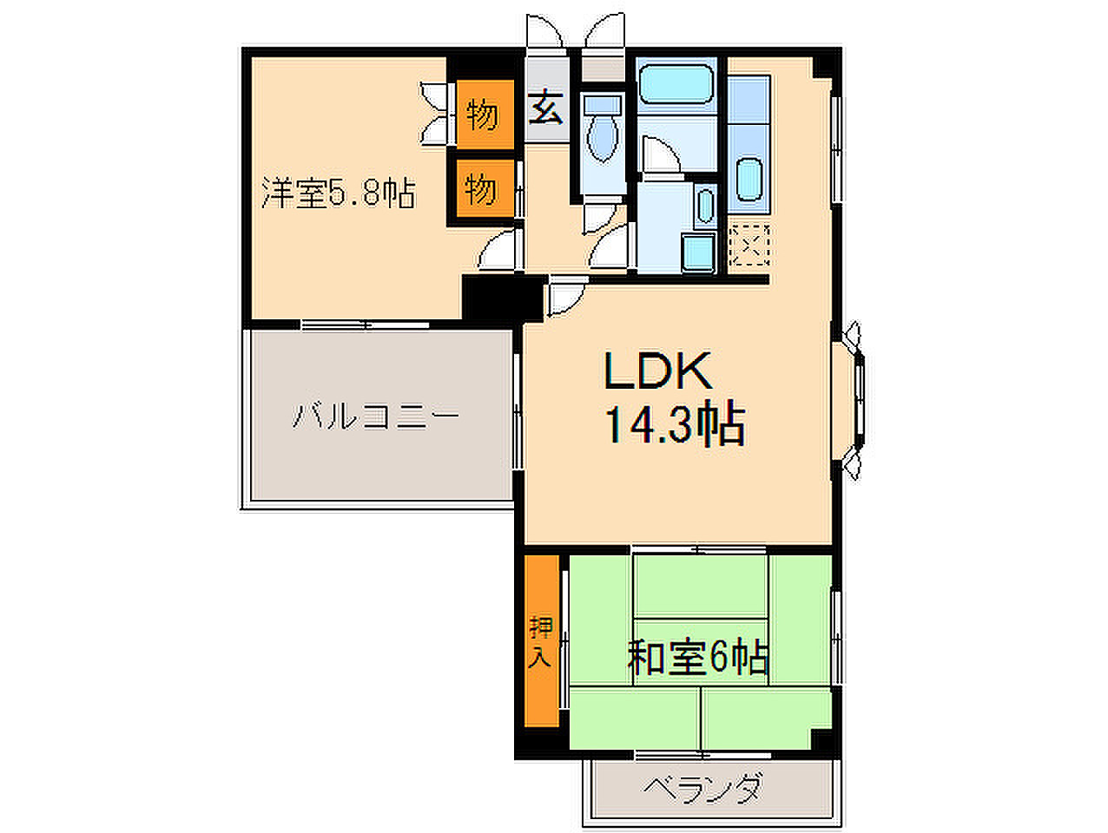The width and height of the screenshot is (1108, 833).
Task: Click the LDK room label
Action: [658, 371]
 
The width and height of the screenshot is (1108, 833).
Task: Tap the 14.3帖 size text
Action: [675, 423]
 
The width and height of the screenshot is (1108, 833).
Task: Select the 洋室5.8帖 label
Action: [339, 193]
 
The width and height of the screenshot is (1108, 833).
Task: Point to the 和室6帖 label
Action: [698, 658]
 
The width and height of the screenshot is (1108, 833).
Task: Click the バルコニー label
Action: [376, 416]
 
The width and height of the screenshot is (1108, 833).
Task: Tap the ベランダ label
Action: [702, 789]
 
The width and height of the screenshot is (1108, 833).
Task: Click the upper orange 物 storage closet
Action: [485, 115]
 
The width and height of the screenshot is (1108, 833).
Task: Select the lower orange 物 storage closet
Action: [485, 188]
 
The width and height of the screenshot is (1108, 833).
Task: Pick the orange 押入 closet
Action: [542, 641]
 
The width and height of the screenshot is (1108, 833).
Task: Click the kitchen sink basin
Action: [749, 180]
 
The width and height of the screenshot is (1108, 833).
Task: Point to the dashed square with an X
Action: [749, 245]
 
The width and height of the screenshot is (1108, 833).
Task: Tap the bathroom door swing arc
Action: [663, 154]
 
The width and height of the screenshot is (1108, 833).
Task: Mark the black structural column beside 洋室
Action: [503, 298]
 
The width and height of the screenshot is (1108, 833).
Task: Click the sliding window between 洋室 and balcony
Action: [365, 325]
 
